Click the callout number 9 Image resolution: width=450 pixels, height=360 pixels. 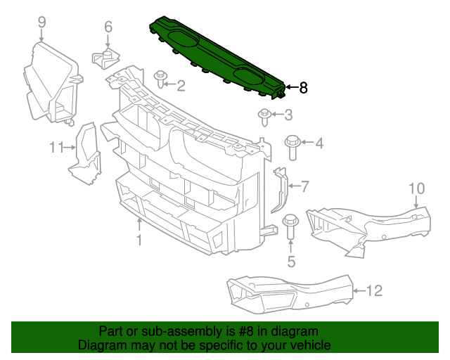pos(41,22)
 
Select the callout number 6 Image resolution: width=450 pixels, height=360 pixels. pos(108,27)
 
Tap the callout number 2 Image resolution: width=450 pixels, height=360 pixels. pos(181,86)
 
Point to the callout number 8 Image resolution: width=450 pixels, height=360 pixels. pos(303,88)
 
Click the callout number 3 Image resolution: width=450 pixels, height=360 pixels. pos(288,115)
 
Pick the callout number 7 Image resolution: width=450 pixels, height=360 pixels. pos(304,187)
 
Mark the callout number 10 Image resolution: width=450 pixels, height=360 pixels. pos(416,188)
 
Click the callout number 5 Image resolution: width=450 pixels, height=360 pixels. pos(291,263)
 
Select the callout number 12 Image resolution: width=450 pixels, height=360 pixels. pos(374,290)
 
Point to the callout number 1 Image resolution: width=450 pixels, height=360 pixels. pos(139,240)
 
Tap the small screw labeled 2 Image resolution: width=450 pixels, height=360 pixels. pos(160,77)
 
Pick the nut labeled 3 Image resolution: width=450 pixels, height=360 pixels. pos(265,115)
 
